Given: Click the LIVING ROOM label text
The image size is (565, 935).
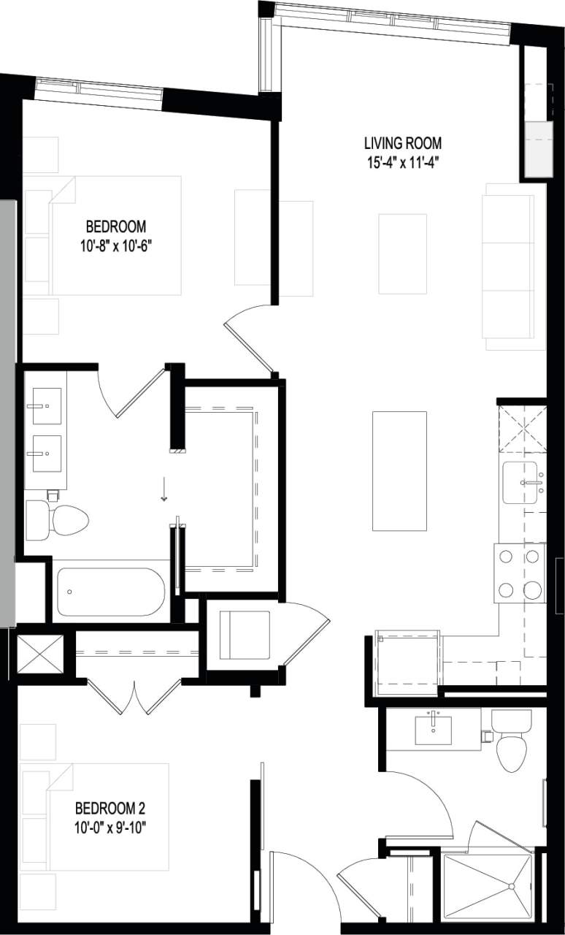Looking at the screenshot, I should (403, 143).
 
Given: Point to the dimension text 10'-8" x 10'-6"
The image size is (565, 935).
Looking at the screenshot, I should (115, 245).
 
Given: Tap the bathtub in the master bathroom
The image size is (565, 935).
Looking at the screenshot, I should (111, 591).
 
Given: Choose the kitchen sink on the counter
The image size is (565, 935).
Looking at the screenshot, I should (521, 482).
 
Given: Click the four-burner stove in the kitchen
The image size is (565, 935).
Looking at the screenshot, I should (520, 573).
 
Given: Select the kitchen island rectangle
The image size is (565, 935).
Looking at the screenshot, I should (399, 470).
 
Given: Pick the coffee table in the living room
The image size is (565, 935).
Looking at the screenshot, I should (402, 253).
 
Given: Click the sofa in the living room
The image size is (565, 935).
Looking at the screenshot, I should (509, 267).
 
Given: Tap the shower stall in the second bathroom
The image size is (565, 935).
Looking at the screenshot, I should (489, 886).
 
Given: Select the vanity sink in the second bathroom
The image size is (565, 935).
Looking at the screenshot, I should (433, 729).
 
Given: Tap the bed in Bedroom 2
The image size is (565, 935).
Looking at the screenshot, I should (95, 816).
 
